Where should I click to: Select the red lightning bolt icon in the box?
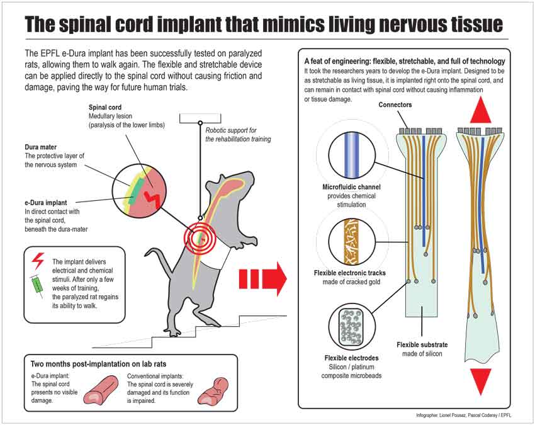click(x=37, y=259)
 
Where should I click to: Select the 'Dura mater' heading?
click(x=42, y=147)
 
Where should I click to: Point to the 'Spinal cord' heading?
click(x=105, y=107)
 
